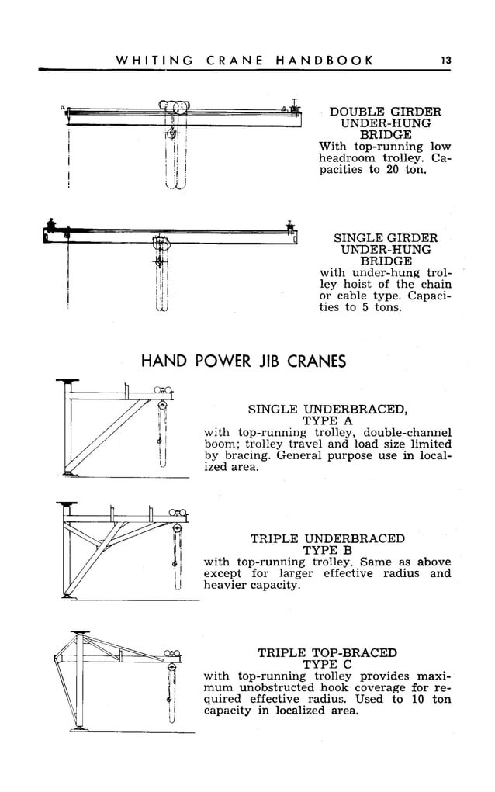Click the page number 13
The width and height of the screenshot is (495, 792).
click(445, 60)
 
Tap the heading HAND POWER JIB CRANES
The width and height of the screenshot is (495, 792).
click(243, 361)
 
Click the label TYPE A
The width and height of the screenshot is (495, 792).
click(327, 420)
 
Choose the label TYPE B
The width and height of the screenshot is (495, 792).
click(327, 550)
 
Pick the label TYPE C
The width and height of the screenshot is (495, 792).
click(327, 665)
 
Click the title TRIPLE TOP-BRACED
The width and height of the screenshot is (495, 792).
click(327, 653)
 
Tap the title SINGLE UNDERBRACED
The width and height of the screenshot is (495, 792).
click(327, 409)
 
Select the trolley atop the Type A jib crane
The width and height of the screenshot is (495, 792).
click(163, 391)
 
